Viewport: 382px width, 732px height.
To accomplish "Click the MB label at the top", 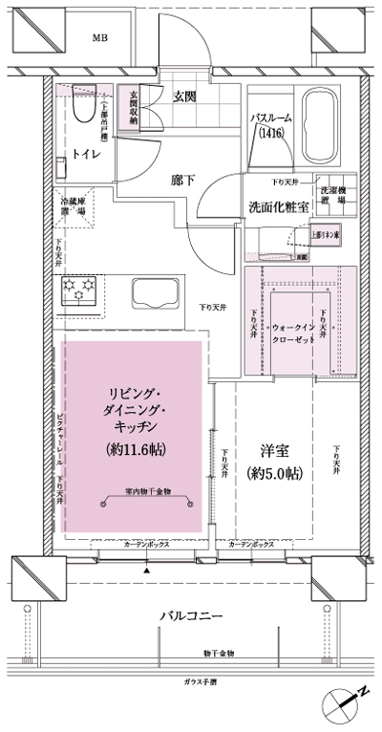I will (99, 38).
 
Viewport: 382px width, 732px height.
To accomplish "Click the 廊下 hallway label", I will (185, 178).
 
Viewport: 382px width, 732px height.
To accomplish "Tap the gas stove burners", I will (78, 291).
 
